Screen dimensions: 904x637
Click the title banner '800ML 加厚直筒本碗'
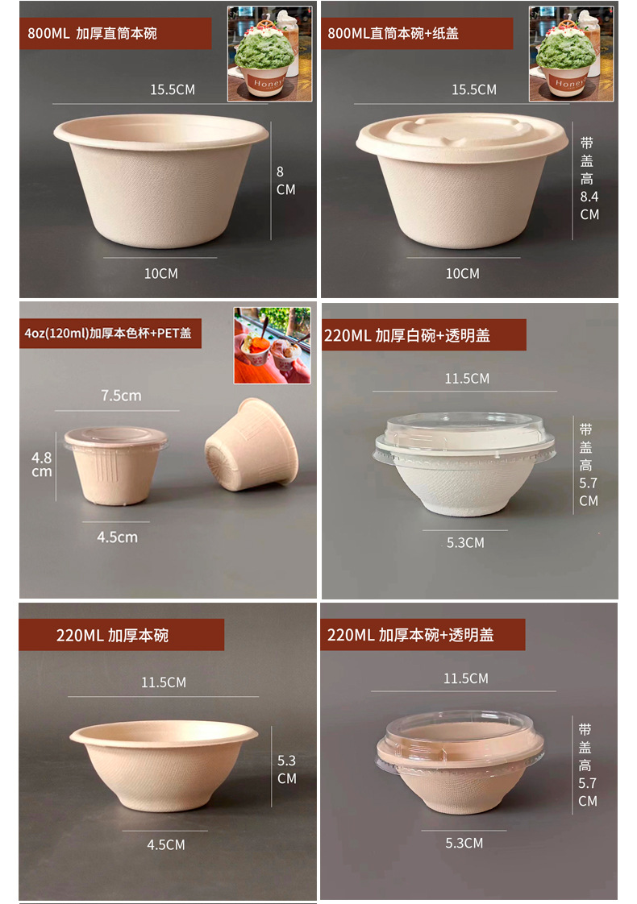click(115, 34)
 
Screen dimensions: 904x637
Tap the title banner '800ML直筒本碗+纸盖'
click(416, 34)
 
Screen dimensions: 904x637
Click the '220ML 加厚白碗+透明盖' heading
click(423, 335)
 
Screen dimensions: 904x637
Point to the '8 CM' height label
click(285, 180)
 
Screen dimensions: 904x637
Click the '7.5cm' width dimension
click(121, 396)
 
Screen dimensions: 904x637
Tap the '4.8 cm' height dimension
click(42, 464)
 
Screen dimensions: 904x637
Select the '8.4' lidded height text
click(589, 197)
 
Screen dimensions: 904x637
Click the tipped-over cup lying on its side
click(246, 445)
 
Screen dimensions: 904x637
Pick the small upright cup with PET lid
click(115, 465)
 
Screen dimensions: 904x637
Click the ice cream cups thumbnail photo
click(272, 345)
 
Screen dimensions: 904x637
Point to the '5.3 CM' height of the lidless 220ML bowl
click(286, 769)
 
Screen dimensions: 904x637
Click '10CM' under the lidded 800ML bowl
click(462, 274)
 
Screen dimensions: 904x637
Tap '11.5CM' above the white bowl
click(467, 379)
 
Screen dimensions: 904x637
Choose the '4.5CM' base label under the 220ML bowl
click(166, 845)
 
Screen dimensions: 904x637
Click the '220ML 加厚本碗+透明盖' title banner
click(422, 635)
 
